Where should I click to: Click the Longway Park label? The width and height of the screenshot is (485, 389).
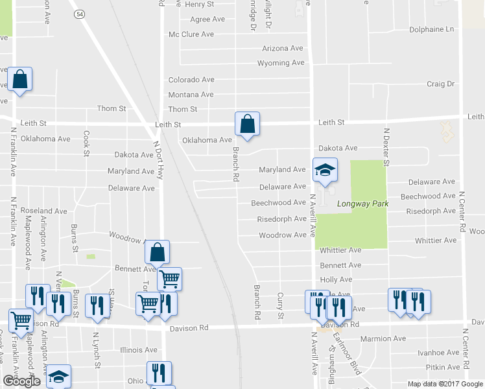[x=362, y=204]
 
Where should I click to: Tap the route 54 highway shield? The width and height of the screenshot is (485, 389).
[x=79, y=14]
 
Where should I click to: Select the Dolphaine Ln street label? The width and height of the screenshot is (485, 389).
[x=432, y=30]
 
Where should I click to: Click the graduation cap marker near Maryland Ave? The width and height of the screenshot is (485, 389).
[x=325, y=171]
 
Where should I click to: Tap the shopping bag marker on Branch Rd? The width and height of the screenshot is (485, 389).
[x=247, y=124]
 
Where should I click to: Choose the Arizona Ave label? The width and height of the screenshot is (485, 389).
[x=283, y=49]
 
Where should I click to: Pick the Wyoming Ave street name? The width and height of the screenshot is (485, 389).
[x=281, y=64]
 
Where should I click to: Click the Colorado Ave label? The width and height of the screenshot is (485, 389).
[x=191, y=80]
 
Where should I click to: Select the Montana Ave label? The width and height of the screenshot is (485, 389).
[x=191, y=95]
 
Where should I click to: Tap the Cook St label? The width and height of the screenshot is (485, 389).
[x=86, y=143]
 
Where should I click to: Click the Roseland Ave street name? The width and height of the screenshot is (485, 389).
[x=43, y=211]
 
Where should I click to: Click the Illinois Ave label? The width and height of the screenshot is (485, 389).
[x=139, y=350]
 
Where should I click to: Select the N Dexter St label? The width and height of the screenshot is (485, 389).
[x=385, y=147]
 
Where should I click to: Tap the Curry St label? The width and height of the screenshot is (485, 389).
[x=281, y=305]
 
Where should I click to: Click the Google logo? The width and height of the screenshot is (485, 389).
[x=21, y=382]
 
